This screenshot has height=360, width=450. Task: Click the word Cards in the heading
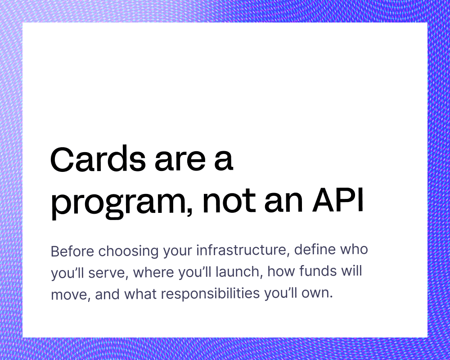tap(98, 159)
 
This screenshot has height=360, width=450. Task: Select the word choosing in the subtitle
tap(128, 252)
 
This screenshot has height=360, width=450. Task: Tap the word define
tap(315, 249)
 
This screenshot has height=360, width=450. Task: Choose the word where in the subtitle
tap(153, 272)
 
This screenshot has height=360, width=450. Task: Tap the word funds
tap(318, 270)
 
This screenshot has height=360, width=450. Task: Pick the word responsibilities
tap(210, 293)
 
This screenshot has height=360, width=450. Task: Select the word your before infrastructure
tap(177, 252)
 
